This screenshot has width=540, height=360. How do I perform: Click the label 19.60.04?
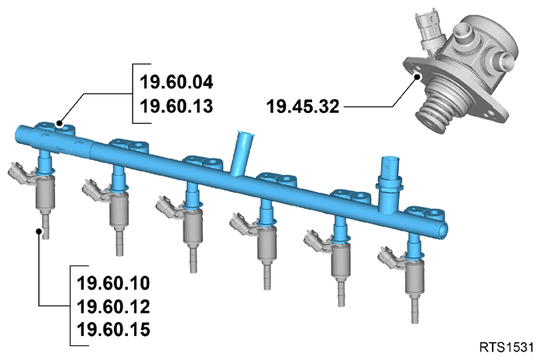click(x=177, y=82)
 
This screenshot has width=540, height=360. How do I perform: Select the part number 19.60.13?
click(x=177, y=105)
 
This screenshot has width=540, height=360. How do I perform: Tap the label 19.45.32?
click(x=303, y=106)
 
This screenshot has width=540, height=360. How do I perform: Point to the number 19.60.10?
click(x=114, y=283)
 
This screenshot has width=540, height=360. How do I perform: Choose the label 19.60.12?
click(x=114, y=307)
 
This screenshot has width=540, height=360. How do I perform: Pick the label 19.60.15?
click(x=114, y=329)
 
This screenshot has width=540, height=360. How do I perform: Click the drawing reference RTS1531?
click(x=507, y=347)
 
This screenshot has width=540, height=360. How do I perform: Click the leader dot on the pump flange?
click(x=418, y=77)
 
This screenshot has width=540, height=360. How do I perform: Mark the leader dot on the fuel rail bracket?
click(x=60, y=123)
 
